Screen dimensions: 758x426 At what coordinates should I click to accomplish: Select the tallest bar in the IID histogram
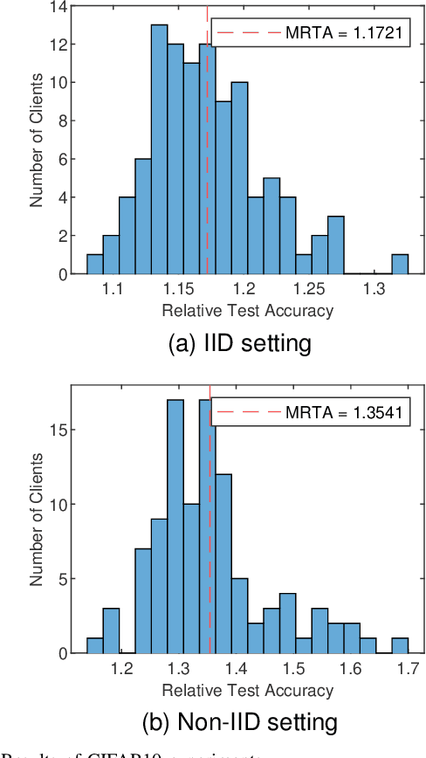click(159, 148)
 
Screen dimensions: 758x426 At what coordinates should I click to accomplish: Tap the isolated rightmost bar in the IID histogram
click(400, 264)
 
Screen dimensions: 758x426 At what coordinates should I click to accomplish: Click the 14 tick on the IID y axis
click(63, 5)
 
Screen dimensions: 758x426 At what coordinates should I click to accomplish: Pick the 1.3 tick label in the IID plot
click(375, 287)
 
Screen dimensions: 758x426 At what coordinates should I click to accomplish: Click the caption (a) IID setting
click(238, 343)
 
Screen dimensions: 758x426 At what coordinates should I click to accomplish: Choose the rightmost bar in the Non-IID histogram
click(400, 645)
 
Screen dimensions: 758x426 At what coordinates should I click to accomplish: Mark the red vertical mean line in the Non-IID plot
click(210, 541)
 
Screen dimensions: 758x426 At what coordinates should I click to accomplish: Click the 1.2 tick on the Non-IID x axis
click(122, 668)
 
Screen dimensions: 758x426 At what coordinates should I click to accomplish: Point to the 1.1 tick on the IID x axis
click(112, 287)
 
